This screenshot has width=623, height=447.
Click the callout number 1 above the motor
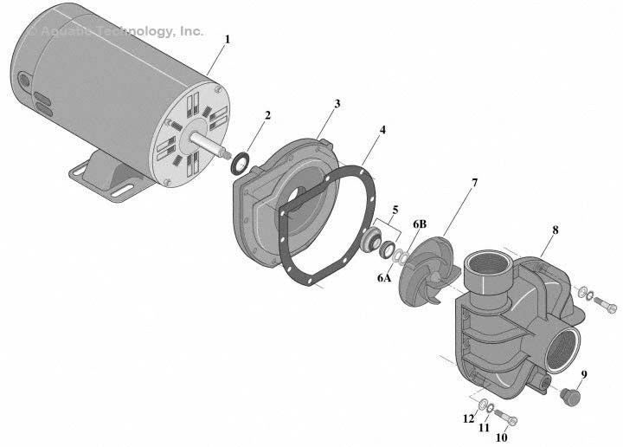[228, 39]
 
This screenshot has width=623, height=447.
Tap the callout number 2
[267, 115]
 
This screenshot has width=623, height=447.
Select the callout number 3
[337, 103]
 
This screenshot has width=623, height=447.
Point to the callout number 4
[382, 130]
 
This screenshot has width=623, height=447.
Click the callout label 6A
[383, 278]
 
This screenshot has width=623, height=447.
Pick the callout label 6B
[420, 224]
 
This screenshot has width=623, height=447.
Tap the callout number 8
[555, 231]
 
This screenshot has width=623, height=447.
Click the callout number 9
[583, 374]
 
